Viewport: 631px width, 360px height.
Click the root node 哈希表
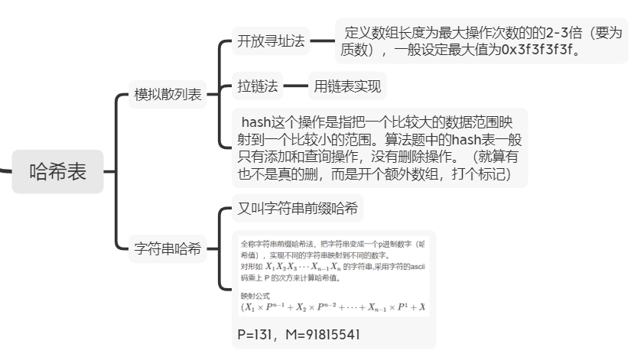coord(57,172)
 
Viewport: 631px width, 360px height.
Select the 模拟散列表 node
coord(168,95)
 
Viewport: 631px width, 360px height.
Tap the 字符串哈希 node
coord(168,248)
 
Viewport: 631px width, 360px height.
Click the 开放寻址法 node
coord(271,41)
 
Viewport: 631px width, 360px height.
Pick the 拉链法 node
coord(258,86)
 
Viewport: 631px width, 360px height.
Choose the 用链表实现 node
coord(347,86)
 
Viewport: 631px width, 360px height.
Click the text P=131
coord(257,335)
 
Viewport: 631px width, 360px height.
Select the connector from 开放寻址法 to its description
coord(321,41)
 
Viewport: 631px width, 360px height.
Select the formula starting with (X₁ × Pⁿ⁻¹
coord(332,307)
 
